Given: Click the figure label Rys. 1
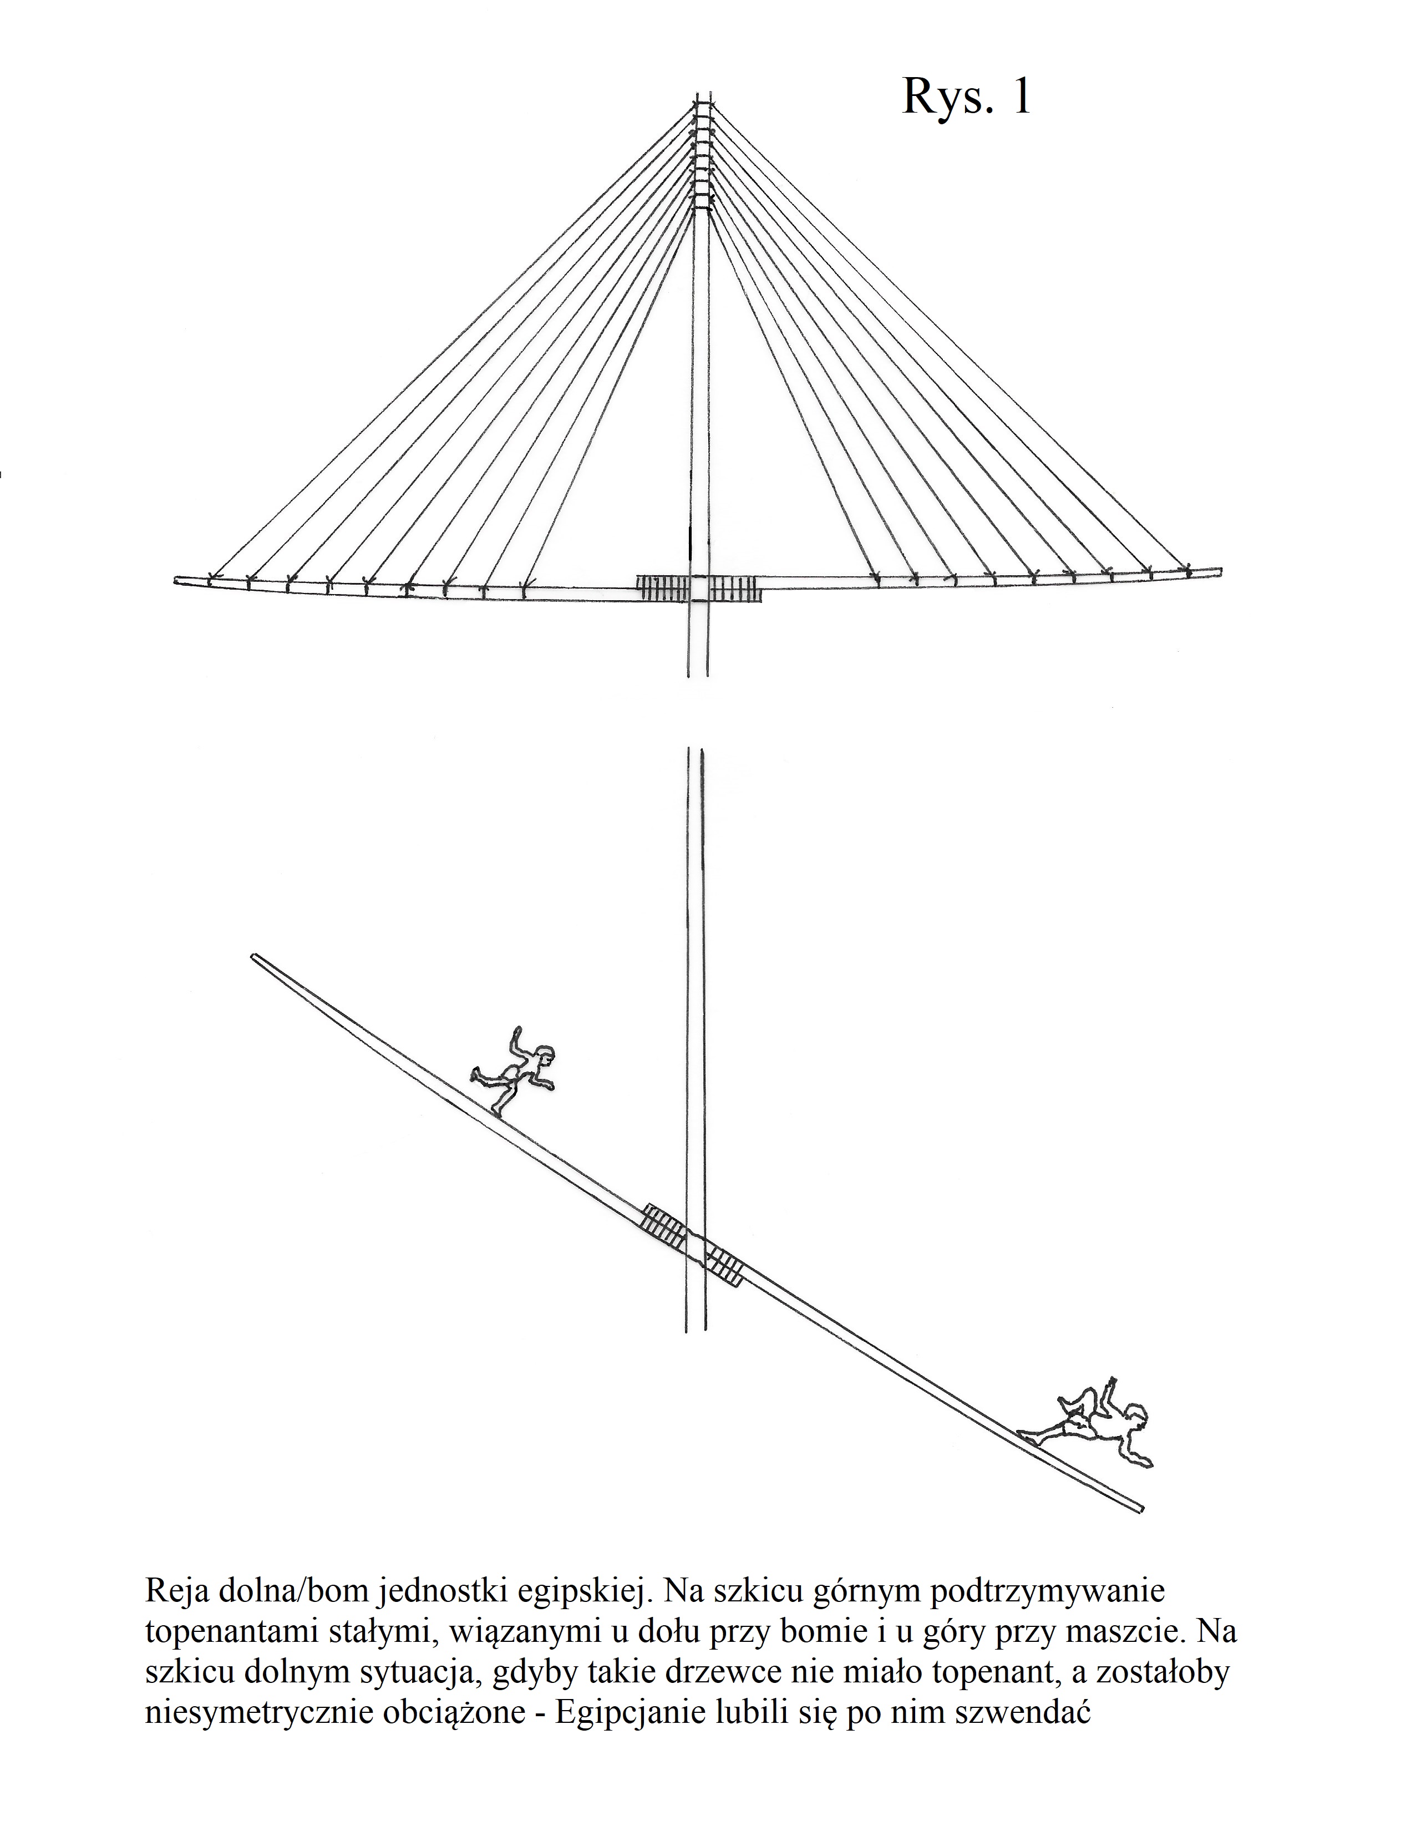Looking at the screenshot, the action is tap(967, 97).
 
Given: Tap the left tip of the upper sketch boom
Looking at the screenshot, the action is tap(175, 580).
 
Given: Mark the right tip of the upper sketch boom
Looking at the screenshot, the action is tap(1220, 571).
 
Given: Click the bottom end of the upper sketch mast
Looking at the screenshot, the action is tap(698, 674).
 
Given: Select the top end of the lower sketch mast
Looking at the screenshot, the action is tap(694, 750).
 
